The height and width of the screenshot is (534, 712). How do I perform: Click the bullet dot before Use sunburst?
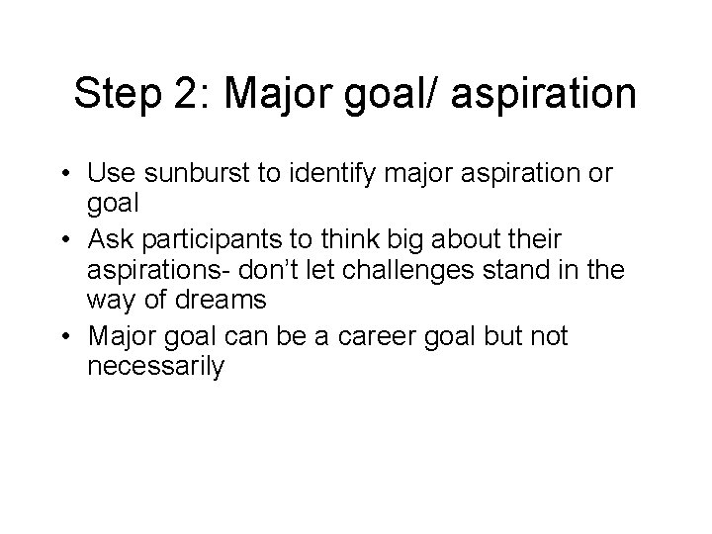tap(64, 176)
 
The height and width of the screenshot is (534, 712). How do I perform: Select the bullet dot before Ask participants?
tap(64, 239)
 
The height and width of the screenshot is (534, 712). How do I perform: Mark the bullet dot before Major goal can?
tap(64, 336)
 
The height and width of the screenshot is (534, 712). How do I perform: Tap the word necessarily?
tap(156, 369)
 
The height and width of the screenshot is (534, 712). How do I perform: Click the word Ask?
tap(110, 239)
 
